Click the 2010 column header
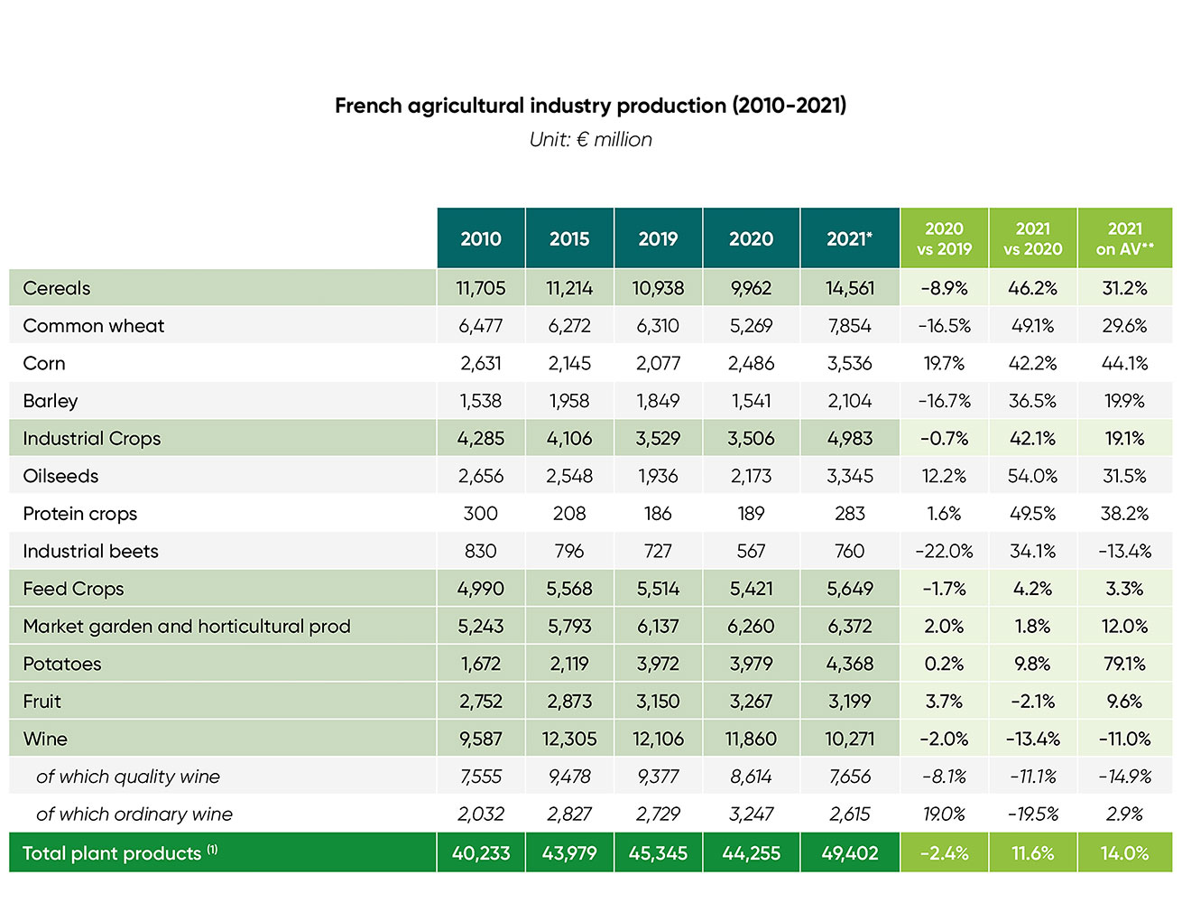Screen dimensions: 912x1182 pos(480,238)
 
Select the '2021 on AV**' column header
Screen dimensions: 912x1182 pos(1124,238)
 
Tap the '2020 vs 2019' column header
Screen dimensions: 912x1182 pos(944,238)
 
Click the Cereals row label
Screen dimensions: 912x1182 pos(57,288)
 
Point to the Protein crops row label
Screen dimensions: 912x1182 pos(80,513)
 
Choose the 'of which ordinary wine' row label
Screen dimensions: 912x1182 pos(134,814)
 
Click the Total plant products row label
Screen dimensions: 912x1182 pos(112,853)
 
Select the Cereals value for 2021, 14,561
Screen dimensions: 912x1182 pos(849,288)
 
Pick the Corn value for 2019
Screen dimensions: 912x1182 pos(658,363)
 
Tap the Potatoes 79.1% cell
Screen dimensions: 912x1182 pos(1124,664)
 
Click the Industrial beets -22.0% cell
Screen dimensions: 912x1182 pos(944,551)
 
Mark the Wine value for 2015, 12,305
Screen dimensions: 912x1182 pos(569,739)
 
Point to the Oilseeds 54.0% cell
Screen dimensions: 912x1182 pos(1032,476)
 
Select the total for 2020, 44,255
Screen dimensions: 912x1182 pos(751,853)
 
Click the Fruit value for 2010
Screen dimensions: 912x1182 pos(480,701)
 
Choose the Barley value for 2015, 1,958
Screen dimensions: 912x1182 pos(569,401)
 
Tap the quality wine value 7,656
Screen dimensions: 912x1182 pos(849,777)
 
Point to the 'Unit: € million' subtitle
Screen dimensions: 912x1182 pos(590,139)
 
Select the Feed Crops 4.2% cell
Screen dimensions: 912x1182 pos(1032,589)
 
